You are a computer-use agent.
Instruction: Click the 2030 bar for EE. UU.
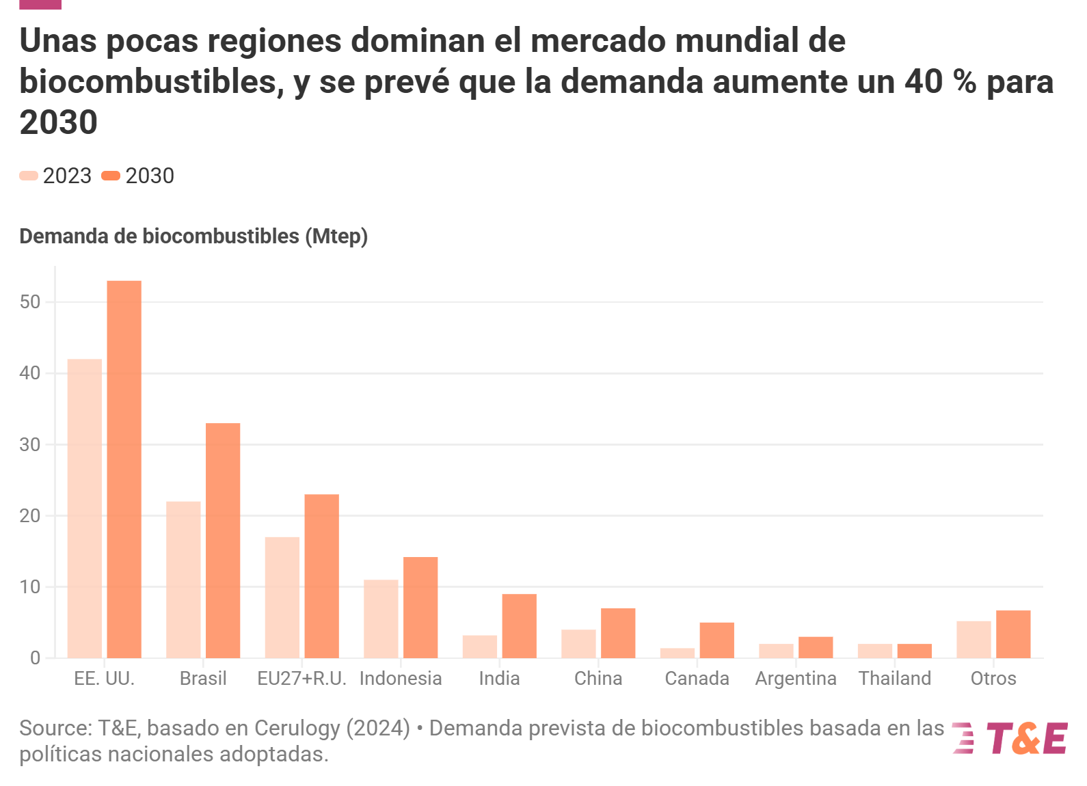[124, 469]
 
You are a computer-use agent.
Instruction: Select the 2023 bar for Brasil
[183, 580]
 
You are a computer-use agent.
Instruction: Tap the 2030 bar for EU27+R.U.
[321, 576]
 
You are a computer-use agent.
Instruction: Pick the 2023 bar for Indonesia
[381, 619]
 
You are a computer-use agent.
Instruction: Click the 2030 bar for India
[519, 626]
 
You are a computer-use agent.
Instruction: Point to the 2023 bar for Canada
[677, 653]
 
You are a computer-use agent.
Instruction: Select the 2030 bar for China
[618, 633]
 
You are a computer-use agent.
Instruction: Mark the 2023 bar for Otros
[974, 639]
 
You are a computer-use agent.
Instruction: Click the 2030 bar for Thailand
[914, 651]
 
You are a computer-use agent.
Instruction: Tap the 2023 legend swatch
[29, 176]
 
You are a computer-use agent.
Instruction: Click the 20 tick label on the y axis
[30, 516]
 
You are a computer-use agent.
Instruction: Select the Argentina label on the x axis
[796, 679]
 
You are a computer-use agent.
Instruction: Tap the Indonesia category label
[401, 679]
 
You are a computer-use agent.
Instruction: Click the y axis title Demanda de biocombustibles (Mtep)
[193, 236]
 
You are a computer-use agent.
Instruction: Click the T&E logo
[1010, 738]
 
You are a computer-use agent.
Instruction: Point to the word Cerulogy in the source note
[297, 729]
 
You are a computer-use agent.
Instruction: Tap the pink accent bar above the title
[40, 4]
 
